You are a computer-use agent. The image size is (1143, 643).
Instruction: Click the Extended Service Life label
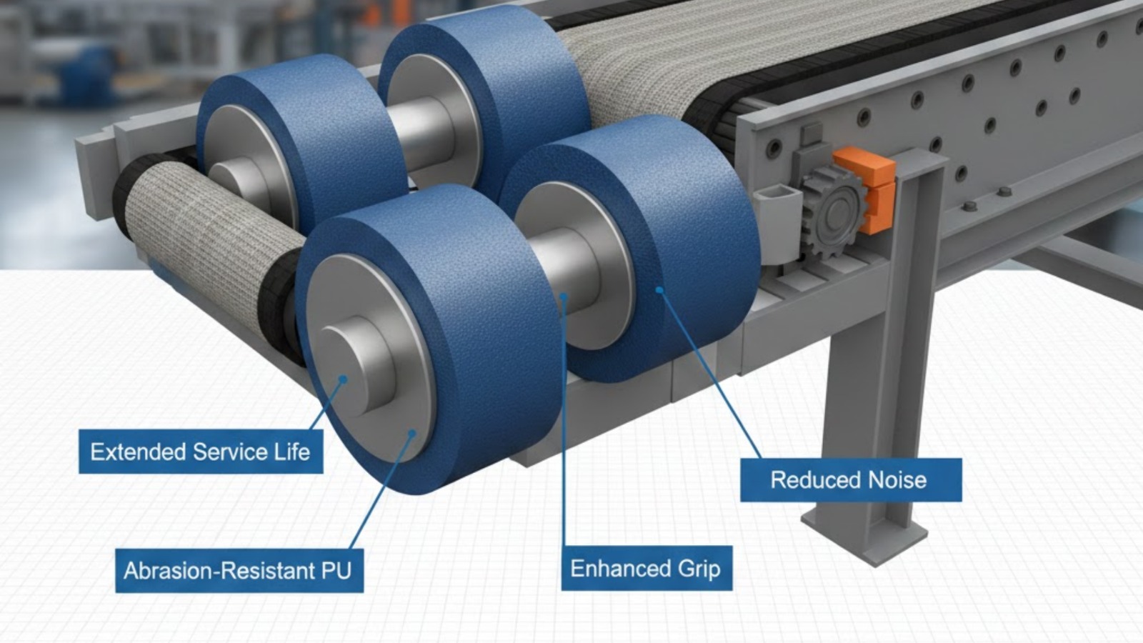201,452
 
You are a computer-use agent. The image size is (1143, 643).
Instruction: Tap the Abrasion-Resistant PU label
239,571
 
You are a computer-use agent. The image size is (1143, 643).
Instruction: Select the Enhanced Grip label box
647,569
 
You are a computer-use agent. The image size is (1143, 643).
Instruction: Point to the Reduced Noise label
851,479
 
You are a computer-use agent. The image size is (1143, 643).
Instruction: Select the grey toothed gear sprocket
833,209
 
